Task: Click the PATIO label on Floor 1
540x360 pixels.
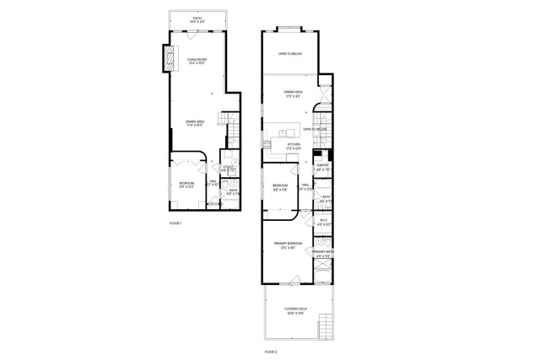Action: coord(197,18)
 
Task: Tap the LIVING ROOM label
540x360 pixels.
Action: coord(197,60)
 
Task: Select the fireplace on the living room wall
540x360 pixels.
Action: coord(168,56)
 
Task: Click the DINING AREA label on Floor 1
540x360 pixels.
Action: coord(195,122)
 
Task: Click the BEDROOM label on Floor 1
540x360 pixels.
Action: coord(186,184)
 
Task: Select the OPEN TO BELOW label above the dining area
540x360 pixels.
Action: coord(290,53)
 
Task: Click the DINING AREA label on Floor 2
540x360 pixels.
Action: coord(293,94)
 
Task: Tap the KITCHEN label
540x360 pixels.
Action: coord(294,145)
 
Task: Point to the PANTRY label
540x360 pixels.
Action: coord(322,165)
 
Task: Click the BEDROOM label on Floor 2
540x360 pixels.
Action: coord(280,186)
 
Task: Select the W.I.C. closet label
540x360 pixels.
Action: coord(322,223)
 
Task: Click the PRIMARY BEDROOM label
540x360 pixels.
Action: coord(289,245)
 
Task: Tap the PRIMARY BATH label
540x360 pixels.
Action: coord(323,252)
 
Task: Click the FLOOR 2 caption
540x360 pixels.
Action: coord(271,349)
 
